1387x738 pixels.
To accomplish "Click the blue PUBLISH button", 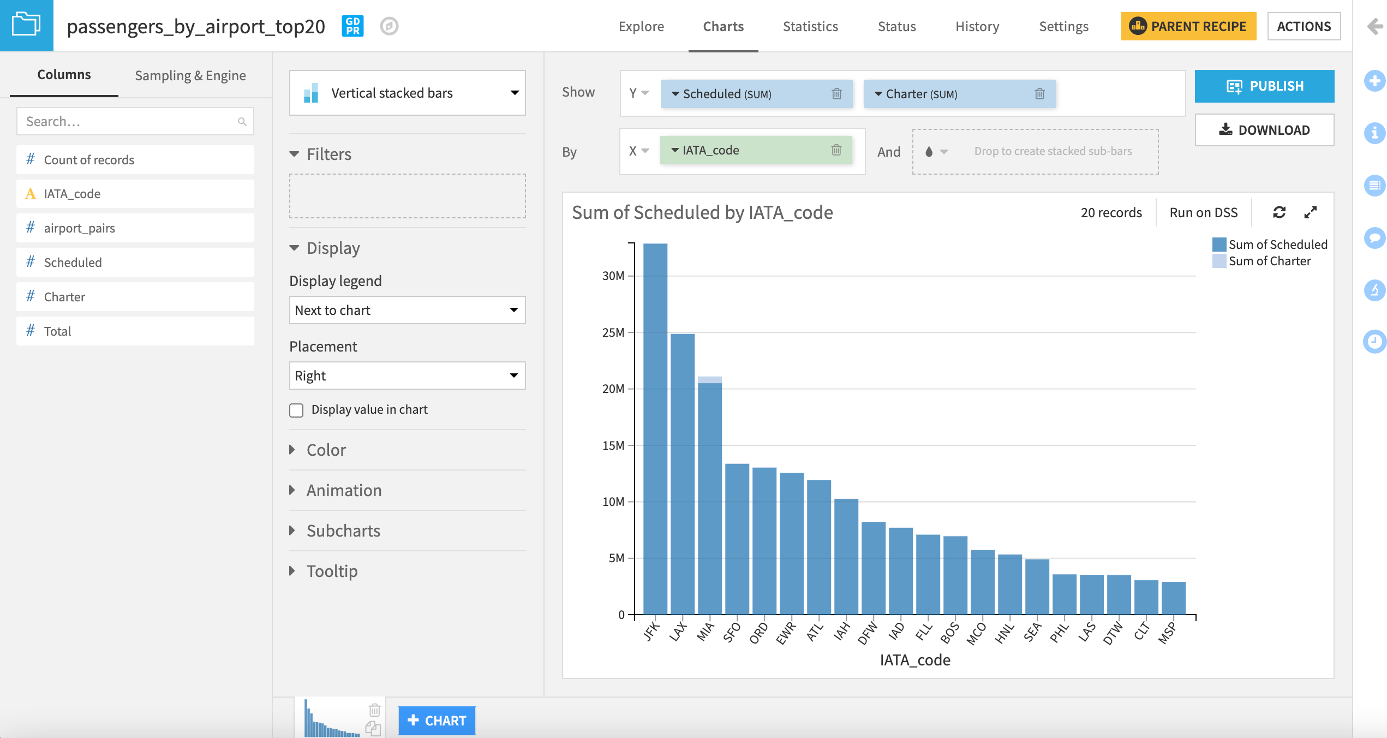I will (1264, 86).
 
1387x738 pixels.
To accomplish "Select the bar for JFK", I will (655, 428).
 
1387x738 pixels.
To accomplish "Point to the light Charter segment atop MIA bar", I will (709, 380).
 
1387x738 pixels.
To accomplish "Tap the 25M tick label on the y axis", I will (613, 332).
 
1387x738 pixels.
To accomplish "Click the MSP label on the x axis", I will (1167, 633).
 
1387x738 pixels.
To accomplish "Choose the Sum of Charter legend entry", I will (1269, 261).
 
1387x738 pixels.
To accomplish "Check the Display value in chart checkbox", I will (296, 410).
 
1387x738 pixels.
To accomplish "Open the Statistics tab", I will (810, 26).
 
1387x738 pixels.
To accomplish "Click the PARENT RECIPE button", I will (1188, 26).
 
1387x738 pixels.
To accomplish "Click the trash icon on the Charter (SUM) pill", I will (1039, 94).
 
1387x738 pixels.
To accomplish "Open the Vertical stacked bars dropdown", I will (407, 93).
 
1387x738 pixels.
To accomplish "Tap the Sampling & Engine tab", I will (190, 75).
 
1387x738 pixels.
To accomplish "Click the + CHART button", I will (437, 721).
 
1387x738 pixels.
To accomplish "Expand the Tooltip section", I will (331, 571).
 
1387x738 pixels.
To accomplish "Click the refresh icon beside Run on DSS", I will (1279, 212).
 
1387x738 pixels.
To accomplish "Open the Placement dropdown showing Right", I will (407, 376).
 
